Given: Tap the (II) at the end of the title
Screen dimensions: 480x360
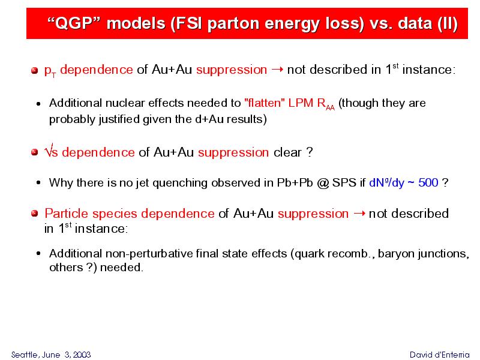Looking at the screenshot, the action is pyautogui.click(x=448, y=24).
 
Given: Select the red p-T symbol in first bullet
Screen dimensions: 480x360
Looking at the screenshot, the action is pyautogui.click(x=50, y=70).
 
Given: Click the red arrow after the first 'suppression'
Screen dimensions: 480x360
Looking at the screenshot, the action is pyautogui.click(x=277, y=70).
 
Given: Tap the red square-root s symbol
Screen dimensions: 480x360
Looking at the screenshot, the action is pyautogui.click(x=51, y=151).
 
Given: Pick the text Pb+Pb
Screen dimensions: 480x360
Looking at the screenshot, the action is pyautogui.click(x=295, y=183).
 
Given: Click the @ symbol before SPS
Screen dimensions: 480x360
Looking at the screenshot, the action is pyautogui.click(x=323, y=183).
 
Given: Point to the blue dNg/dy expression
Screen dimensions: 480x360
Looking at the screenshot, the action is pyautogui.click(x=386, y=183).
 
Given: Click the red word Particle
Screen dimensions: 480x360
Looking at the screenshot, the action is pyautogui.click(x=67, y=214).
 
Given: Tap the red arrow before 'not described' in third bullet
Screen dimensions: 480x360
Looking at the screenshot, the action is pyautogui.click(x=359, y=214).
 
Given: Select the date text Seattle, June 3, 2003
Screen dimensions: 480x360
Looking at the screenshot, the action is pyautogui.click(x=51, y=355).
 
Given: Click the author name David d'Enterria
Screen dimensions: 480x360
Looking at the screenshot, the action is pyautogui.click(x=439, y=355).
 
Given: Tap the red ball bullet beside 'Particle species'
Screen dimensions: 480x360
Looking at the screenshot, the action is pyautogui.click(x=35, y=213).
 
